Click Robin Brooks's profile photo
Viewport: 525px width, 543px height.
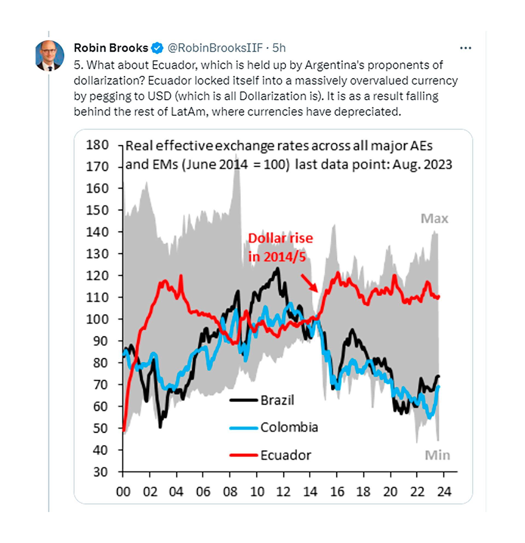tap(50, 56)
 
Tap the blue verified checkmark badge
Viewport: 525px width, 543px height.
tap(157, 48)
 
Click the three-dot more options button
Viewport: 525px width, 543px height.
tap(465, 48)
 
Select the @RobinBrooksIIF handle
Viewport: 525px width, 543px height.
tap(215, 48)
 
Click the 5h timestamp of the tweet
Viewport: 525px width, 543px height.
tap(279, 48)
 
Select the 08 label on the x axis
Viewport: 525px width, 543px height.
tap(230, 492)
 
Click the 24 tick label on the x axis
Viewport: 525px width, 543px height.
tap(444, 492)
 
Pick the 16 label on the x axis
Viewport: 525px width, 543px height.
tap(337, 492)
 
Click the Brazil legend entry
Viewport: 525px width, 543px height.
tap(277, 400)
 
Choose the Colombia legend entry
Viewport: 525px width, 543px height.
tap(289, 427)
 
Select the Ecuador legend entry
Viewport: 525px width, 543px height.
tap(285, 455)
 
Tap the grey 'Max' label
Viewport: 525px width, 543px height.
tap(434, 219)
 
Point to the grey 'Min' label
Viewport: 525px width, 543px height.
tap(437, 455)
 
